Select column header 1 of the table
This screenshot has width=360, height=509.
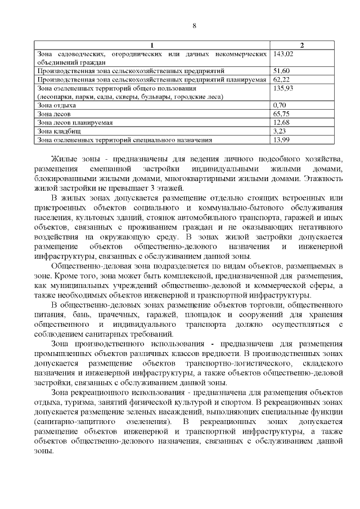(152, 45)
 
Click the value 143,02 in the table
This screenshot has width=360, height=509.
(283, 54)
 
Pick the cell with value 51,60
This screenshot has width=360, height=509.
(281, 71)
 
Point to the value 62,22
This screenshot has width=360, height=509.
(281, 80)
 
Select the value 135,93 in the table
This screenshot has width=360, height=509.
(283, 88)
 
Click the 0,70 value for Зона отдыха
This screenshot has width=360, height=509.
(279, 105)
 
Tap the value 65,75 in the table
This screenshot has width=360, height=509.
(281, 114)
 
